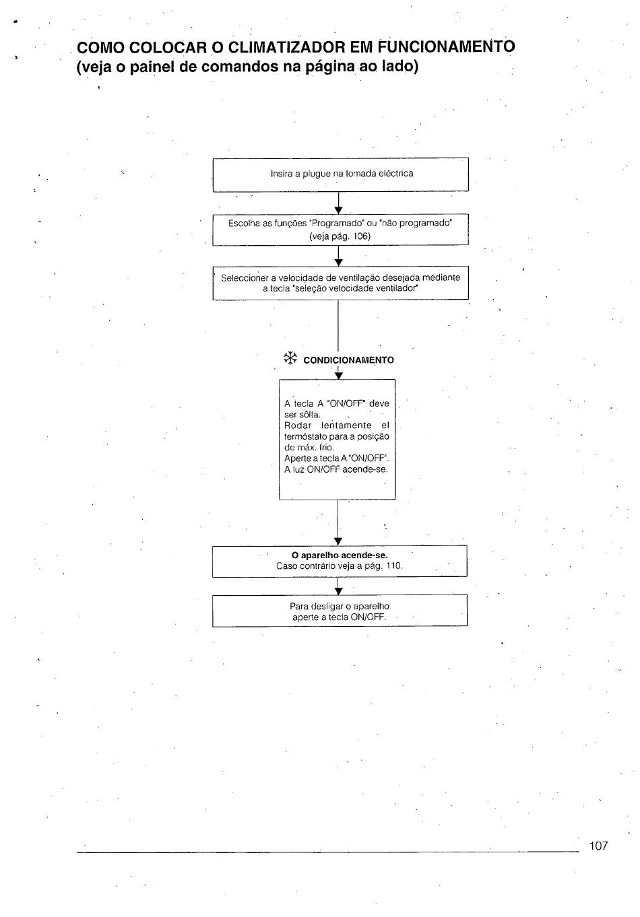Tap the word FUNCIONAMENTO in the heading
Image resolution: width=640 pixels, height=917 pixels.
446,47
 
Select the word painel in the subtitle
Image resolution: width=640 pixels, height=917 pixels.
151,67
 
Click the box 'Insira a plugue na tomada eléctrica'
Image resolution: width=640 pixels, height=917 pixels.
340,174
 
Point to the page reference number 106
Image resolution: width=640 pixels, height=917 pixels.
360,236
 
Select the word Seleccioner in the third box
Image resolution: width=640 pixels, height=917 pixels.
245,277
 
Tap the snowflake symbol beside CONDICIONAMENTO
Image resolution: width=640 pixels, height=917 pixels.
290,358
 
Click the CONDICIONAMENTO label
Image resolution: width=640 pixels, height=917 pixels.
349,360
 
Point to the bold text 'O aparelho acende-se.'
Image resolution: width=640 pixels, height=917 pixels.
340,555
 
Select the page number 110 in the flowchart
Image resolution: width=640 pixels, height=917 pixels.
393,566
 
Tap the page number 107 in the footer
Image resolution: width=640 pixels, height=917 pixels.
599,846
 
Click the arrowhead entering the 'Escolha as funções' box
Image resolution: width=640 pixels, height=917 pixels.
338,211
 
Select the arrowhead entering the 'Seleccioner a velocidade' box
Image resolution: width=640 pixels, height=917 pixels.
338,263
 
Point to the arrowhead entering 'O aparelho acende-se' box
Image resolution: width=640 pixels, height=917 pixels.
338,541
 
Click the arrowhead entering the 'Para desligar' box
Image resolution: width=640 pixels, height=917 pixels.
338,591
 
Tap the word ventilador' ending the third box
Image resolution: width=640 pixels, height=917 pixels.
399,288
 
